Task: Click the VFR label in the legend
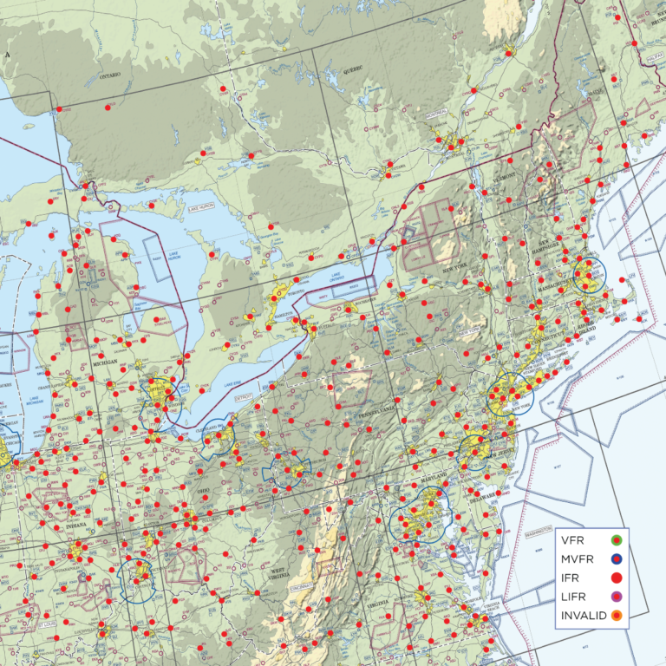pyautogui.click(x=573, y=542)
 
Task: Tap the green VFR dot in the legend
pyautogui.click(x=617, y=542)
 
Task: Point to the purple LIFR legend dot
pyautogui.click(x=617, y=597)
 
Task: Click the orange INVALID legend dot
pyautogui.click(x=617, y=615)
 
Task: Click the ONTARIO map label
pyautogui.click(x=111, y=75)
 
